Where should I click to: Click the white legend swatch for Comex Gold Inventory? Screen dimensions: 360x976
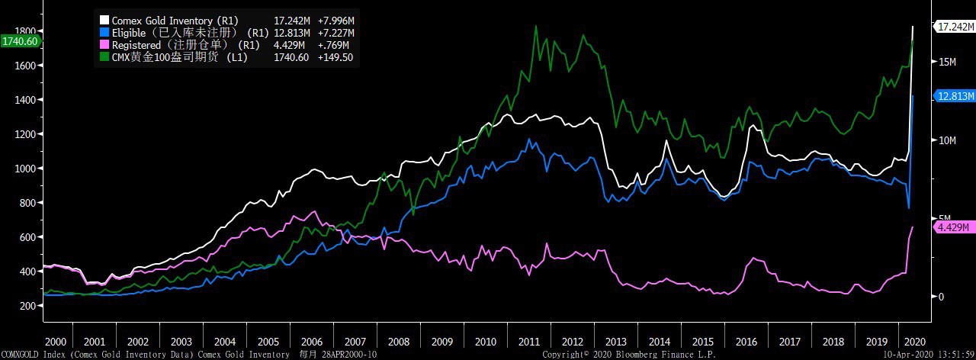click(x=105, y=20)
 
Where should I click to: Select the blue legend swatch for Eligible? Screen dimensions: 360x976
click(x=105, y=32)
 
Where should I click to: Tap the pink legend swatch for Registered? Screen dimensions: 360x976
click(x=105, y=45)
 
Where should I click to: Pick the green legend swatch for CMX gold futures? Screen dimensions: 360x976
click(x=105, y=57)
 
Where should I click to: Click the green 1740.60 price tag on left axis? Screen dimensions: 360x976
click(x=20, y=41)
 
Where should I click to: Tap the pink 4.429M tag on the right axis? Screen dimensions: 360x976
click(x=954, y=227)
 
